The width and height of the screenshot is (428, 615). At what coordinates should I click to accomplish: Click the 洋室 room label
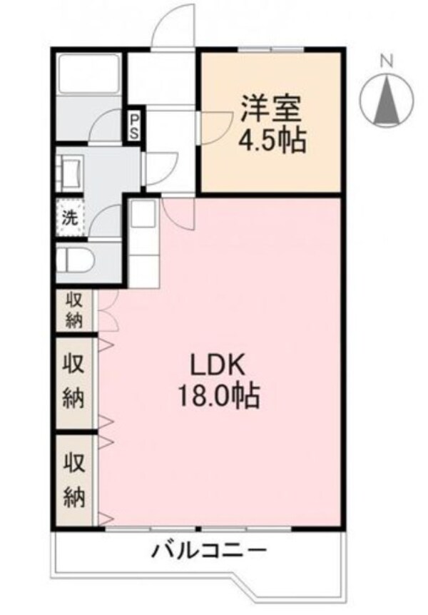(271, 108)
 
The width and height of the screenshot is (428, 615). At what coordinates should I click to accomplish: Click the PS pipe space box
(134, 126)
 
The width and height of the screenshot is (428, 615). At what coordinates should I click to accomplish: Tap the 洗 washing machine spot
(70, 218)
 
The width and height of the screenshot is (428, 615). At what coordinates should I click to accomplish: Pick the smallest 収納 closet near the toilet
(73, 308)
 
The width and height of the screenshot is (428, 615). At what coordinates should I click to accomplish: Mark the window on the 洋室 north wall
(271, 49)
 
